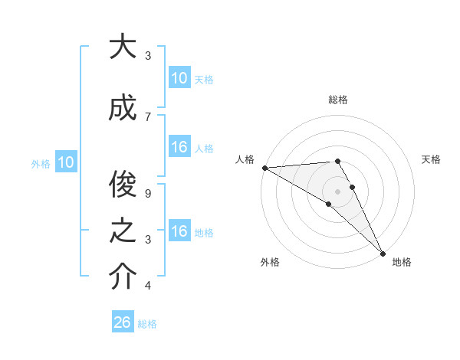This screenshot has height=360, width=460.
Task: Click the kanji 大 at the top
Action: click(x=122, y=47)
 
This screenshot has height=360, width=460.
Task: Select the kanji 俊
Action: click(x=122, y=183)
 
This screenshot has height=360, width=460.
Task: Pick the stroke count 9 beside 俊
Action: click(x=148, y=193)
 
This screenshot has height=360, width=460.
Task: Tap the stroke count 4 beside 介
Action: click(x=148, y=286)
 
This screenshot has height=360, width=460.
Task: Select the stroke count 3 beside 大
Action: click(x=148, y=55)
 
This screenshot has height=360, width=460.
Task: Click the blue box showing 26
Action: click(x=122, y=322)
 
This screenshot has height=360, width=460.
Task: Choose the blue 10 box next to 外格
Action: click(x=65, y=162)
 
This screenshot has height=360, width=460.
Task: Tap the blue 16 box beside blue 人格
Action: click(x=179, y=147)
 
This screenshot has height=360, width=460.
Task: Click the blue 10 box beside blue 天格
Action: click(x=179, y=77)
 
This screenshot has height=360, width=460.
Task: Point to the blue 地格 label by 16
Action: click(x=205, y=233)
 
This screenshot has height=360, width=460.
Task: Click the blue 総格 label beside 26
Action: click(x=147, y=324)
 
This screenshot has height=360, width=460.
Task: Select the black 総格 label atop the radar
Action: click(x=338, y=100)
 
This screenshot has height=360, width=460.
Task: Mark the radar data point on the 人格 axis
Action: click(x=264, y=168)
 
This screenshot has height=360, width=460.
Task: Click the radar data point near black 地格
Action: click(x=383, y=254)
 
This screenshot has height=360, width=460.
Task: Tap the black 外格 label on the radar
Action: click(x=270, y=263)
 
